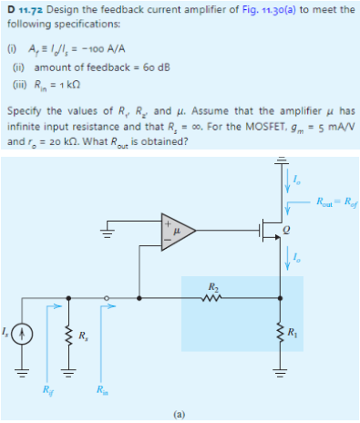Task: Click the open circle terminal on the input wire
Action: coord(106,295)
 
